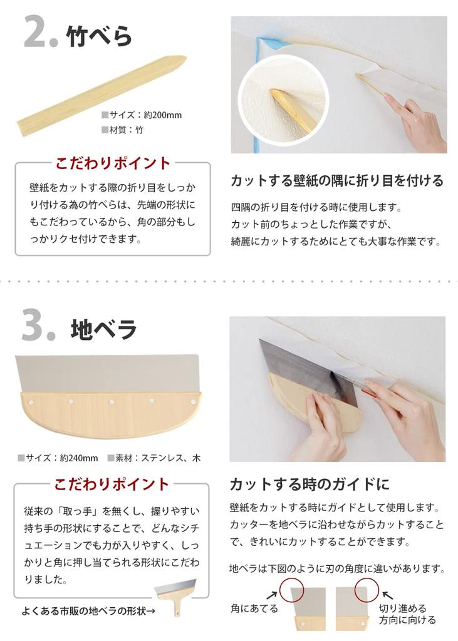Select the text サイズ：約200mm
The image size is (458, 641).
[141, 115]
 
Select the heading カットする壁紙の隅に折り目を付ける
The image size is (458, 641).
[337, 181]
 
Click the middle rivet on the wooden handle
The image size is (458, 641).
[111, 401]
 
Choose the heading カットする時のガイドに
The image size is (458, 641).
[309, 484]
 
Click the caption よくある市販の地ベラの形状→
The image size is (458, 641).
[88, 611]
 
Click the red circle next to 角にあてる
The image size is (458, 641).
[291, 589]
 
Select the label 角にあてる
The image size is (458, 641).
[254, 608]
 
